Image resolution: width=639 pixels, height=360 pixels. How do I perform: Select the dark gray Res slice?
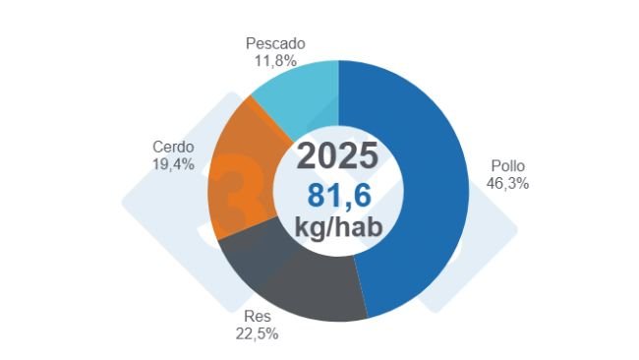[295, 280]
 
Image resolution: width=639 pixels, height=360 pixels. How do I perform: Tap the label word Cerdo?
[172, 148]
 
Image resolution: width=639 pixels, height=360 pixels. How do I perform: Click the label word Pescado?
[275, 44]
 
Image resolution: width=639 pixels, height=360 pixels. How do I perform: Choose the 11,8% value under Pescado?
[275, 60]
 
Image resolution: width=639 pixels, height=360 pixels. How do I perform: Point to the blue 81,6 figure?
[337, 194]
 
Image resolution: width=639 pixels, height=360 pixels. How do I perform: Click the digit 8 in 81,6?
[316, 194]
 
